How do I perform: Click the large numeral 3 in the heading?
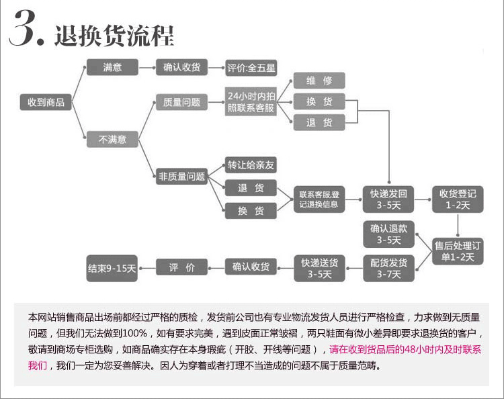pyautogui.click(x=22, y=28)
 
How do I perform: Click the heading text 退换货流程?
pyautogui.click(x=114, y=36)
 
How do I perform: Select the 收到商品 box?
pyautogui.click(x=46, y=102)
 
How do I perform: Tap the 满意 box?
pyautogui.click(x=112, y=67)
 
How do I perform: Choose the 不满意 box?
pyautogui.click(x=112, y=139)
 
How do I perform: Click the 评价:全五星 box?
pyautogui.click(x=251, y=68)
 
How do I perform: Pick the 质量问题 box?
pyautogui.click(x=181, y=102)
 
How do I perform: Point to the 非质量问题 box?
pyautogui.click(x=181, y=176)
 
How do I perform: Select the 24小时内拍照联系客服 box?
pyautogui.click(x=251, y=101)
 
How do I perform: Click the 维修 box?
pyautogui.click(x=319, y=81)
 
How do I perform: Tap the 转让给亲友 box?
pyautogui.click(x=251, y=165)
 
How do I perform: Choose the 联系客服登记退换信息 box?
pyautogui.click(x=319, y=199)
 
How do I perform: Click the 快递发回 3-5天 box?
pyautogui.click(x=388, y=199)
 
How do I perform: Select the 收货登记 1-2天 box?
pyautogui.click(x=458, y=199)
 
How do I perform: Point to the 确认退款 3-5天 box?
pyautogui.click(x=388, y=234)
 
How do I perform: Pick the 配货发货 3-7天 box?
pyautogui.click(x=388, y=268)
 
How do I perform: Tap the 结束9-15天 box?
pyautogui.click(x=112, y=268)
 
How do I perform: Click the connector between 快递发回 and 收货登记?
pyautogui.click(x=423, y=199)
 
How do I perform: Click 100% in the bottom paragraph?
pyautogui.click(x=134, y=333)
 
